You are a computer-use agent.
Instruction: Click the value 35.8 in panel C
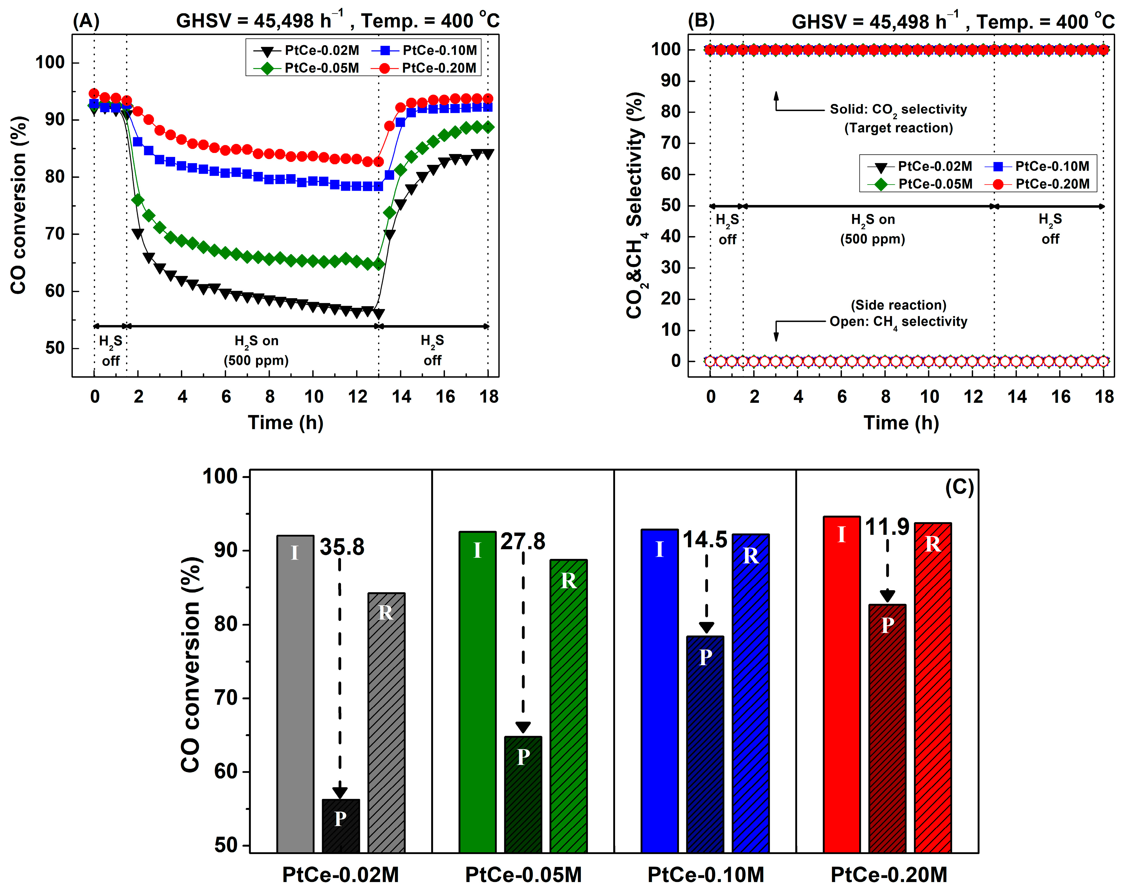point(342,547)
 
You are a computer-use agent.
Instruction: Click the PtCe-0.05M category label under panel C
point(523,874)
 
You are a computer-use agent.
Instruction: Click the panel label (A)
point(86,21)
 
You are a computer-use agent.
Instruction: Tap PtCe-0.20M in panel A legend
point(439,68)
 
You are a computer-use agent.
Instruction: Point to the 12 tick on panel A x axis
point(357,396)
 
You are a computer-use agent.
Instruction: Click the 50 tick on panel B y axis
point(671,206)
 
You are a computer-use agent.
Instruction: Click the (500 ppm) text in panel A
point(256,360)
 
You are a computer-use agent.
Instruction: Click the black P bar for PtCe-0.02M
point(340,826)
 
